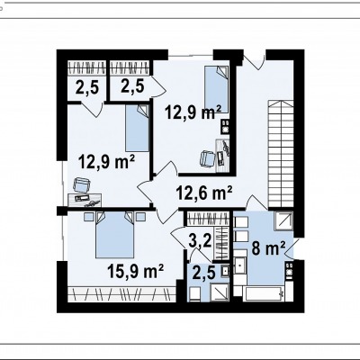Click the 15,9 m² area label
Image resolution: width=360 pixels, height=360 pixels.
coord(135,271)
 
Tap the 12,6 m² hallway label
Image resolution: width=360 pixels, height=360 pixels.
coord(204,193)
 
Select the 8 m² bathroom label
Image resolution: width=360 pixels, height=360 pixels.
coord(268,248)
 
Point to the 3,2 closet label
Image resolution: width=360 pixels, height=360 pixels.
coord(201,241)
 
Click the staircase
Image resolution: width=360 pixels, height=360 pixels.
coord(280,154)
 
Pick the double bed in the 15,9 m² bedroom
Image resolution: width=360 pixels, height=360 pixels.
coord(114,235)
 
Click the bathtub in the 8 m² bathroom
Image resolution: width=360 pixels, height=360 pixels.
coord(264,294)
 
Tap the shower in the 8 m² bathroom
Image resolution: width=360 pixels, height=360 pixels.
coord(283,220)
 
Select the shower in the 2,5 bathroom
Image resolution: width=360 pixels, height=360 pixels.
coord(220,292)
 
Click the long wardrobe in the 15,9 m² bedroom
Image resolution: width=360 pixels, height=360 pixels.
coord(121,294)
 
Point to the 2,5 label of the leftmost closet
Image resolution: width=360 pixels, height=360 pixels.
coord(86,87)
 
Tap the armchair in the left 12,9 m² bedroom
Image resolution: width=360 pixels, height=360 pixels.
coord(82,185)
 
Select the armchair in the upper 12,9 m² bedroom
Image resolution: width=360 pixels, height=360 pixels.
coord(208,158)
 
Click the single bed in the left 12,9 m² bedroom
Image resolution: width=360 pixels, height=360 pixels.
coord(137,128)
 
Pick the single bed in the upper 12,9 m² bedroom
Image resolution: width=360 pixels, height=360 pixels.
coord(216,90)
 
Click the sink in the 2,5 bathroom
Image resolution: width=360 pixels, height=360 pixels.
coord(224,271)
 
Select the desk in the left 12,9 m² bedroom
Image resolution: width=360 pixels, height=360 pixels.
coord(85,200)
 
